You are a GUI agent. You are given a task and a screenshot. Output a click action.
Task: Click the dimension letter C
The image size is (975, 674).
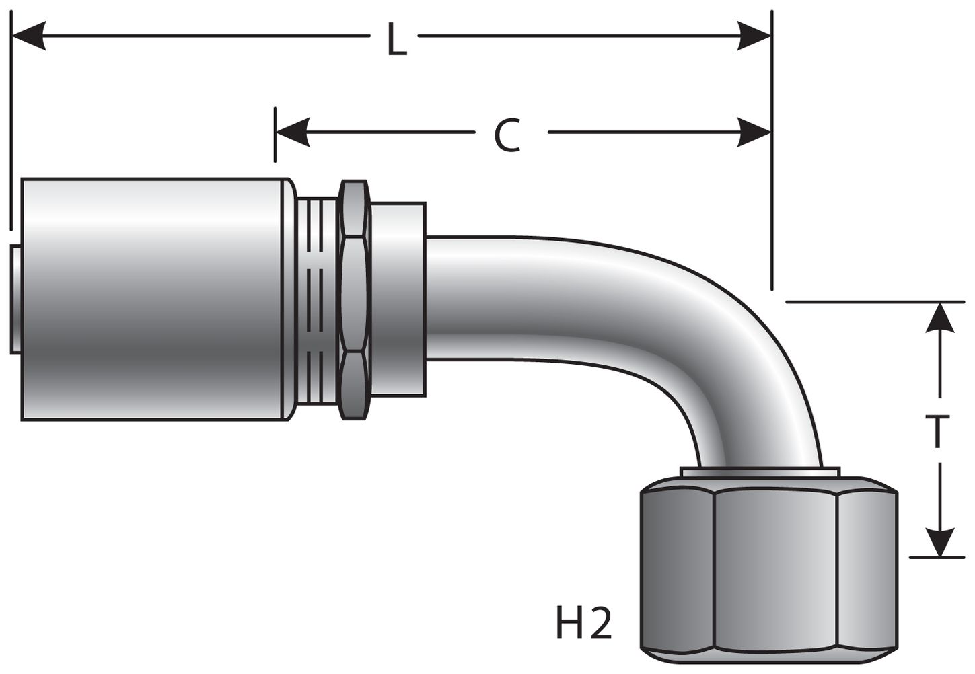(507, 135)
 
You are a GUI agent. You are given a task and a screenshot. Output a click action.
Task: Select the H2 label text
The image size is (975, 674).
(583, 624)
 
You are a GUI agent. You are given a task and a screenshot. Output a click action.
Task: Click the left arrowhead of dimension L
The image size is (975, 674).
(30, 35)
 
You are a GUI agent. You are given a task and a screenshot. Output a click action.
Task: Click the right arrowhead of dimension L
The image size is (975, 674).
(754, 35)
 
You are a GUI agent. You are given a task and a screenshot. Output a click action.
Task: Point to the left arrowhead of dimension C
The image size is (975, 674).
(292, 132)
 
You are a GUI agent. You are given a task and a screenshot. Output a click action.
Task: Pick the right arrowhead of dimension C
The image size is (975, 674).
(754, 132)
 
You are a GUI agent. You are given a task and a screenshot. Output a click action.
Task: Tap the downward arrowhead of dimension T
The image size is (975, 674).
(940, 541)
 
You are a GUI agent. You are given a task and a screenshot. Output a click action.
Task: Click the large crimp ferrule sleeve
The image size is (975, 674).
(155, 299)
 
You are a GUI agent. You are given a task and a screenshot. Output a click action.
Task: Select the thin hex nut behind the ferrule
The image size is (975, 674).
(355, 299)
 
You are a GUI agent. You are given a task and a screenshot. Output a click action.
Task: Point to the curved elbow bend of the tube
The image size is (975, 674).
(727, 336)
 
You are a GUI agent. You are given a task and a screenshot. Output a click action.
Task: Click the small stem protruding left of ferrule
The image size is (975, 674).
(15, 299)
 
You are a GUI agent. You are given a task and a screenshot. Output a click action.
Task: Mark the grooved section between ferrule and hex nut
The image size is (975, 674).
(316, 299)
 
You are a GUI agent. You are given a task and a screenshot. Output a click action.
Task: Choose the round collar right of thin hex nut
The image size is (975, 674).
(398, 299)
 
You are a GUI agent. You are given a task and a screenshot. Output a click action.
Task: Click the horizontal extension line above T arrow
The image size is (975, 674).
(875, 302)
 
